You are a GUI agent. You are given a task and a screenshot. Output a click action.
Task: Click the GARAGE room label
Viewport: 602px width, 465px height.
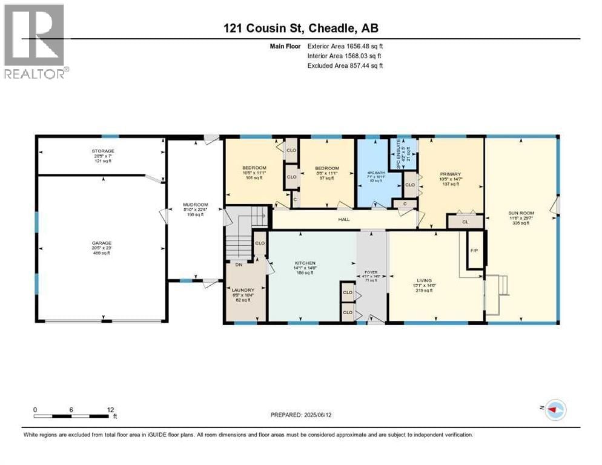click(x=102, y=243)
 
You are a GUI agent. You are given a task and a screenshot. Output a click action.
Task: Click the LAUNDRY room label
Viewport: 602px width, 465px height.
click(x=243, y=290)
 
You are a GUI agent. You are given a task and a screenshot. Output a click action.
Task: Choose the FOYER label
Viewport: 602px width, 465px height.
click(x=371, y=272)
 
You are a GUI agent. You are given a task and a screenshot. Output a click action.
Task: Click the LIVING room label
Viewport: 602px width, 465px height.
click(x=424, y=280)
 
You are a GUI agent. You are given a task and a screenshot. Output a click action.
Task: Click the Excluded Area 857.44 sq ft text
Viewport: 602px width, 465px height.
click(x=345, y=65)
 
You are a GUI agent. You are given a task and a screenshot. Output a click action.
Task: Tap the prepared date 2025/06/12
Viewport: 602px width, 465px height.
click(x=301, y=415)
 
